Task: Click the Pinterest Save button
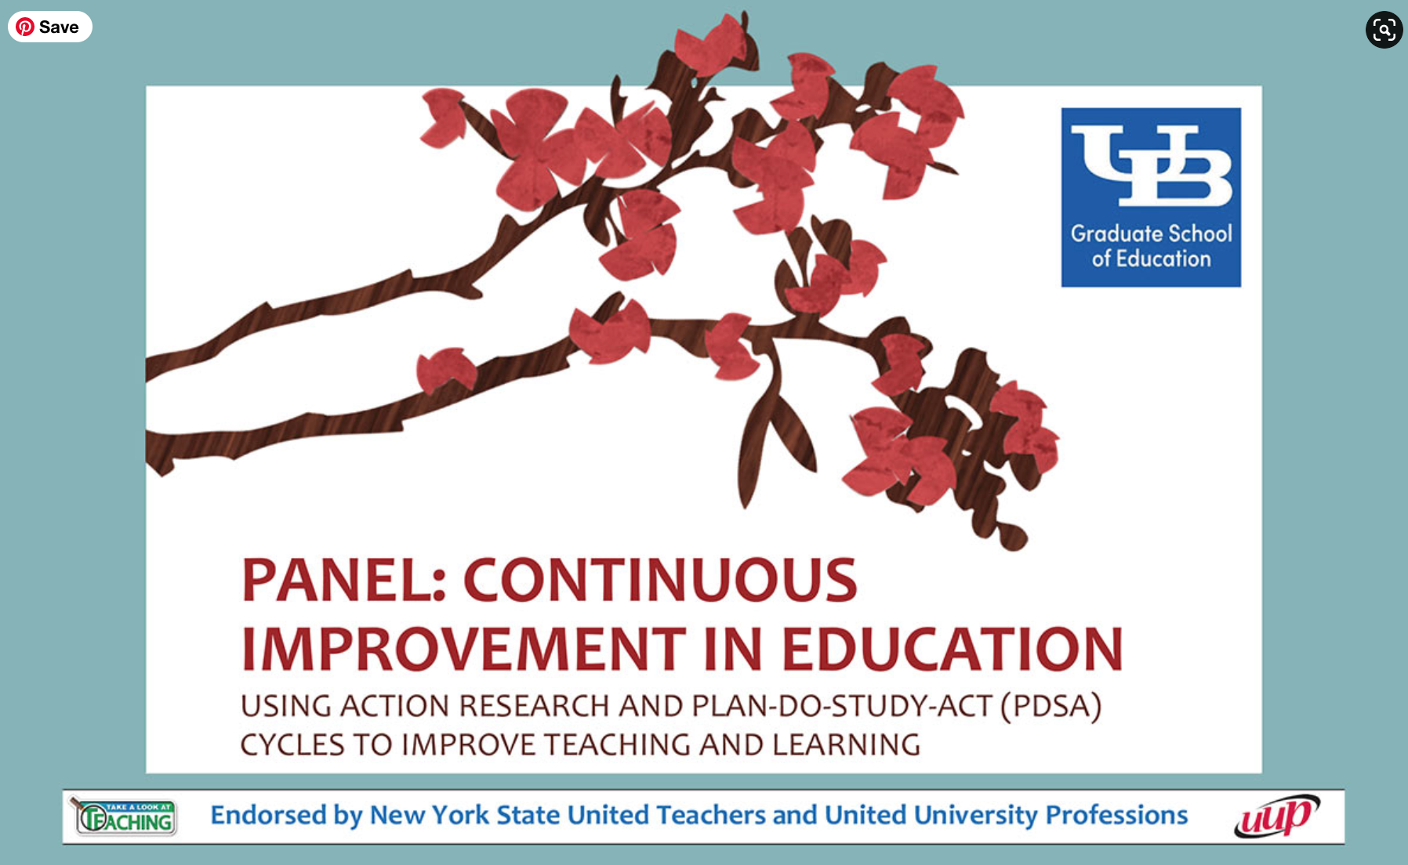coord(50,27)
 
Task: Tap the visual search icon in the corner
coord(1384,30)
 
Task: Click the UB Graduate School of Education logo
coord(1151,197)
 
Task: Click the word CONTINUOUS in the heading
coord(660,581)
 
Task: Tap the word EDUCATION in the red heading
coord(953,650)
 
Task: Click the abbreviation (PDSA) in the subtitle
coord(1051,707)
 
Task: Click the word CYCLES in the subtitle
coord(292,745)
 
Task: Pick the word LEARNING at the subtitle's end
coord(846,745)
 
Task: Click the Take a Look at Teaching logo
coord(123,816)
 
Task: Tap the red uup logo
coord(1276,816)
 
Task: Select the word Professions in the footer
coord(1116,815)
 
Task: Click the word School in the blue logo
coord(1200,233)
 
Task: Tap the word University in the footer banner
coord(975,816)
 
